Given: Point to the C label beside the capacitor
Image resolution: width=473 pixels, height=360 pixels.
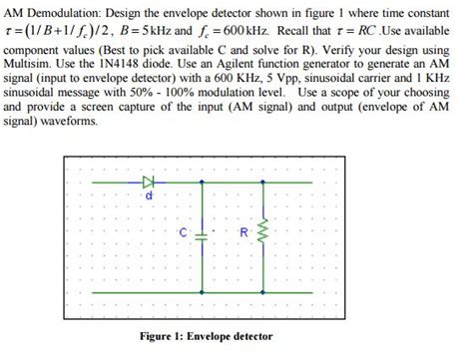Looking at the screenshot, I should coord(185,232).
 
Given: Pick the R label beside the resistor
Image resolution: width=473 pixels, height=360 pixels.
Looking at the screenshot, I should coord(243,232).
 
